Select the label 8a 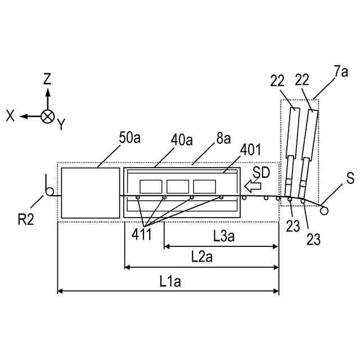tap(223, 138)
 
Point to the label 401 tap(250, 150)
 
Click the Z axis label tap(48, 79)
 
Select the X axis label tap(10, 115)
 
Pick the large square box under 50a tap(91, 192)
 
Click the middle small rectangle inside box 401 tap(178, 186)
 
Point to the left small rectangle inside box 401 tap(151, 186)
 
